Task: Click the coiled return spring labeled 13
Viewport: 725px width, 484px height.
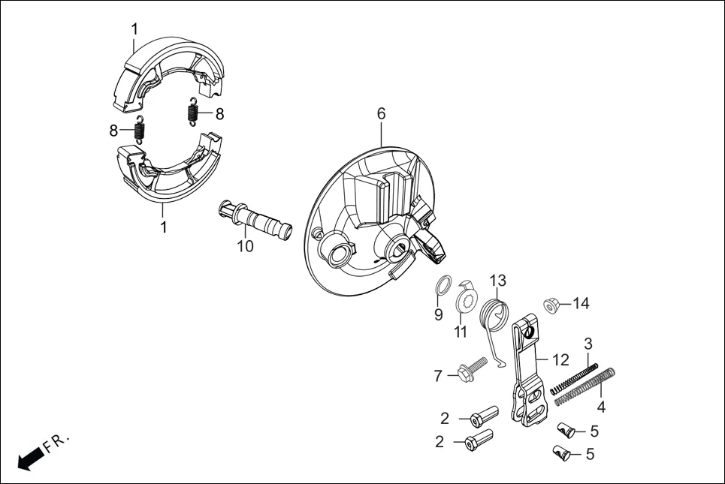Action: tap(498, 311)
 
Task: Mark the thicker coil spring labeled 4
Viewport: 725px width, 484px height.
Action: tap(586, 386)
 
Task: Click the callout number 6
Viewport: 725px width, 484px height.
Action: tap(381, 113)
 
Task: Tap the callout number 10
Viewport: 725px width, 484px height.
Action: tap(246, 246)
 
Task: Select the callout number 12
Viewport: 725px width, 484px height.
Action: tap(560, 359)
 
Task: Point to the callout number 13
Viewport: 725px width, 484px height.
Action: tap(499, 281)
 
